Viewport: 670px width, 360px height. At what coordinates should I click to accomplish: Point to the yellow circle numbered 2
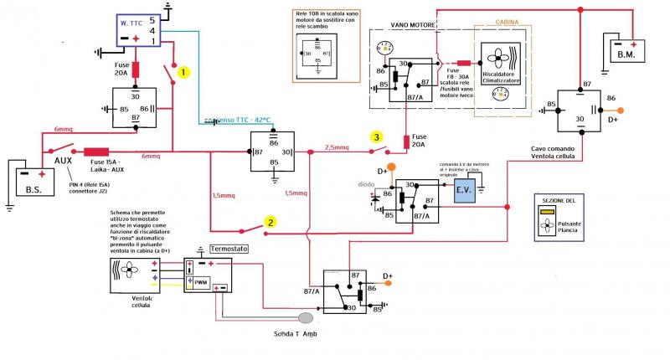coord(270,222)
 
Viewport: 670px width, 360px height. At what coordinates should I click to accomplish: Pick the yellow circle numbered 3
coord(378,137)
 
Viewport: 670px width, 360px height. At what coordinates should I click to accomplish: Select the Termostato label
coord(229,249)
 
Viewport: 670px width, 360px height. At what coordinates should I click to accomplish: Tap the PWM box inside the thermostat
coord(201,283)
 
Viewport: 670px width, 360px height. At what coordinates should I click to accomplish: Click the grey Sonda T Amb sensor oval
coord(306,318)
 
